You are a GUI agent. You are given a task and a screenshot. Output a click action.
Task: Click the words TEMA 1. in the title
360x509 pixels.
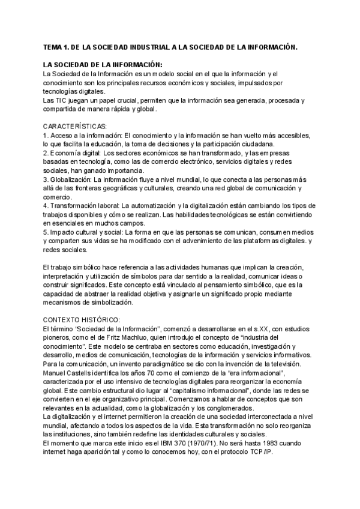57,47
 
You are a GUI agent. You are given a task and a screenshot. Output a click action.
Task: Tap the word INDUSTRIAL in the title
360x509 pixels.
143,47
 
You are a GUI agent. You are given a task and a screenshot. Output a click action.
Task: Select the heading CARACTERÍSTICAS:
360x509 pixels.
75,127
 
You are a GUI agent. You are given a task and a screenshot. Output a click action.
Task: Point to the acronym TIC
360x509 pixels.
61,100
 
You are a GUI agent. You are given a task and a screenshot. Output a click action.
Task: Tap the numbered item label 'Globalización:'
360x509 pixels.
71,179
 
